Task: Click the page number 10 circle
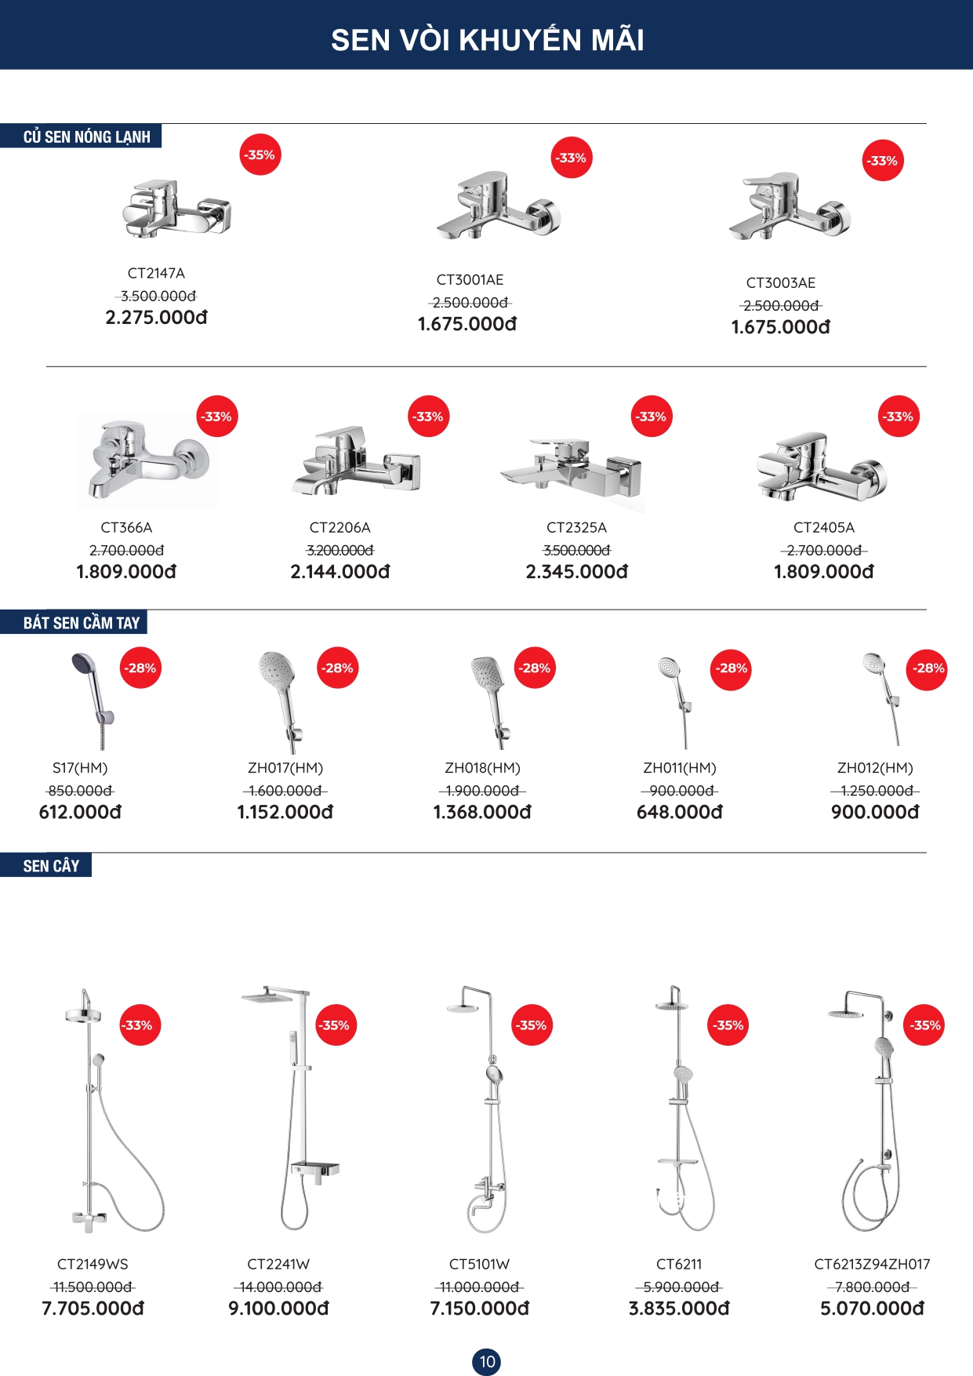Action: (x=487, y=1361)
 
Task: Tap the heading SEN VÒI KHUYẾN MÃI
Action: (x=487, y=40)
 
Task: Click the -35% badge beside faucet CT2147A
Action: (x=260, y=155)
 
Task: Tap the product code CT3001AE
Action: (x=470, y=280)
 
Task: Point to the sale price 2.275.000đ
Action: (x=156, y=318)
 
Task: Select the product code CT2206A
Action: (x=340, y=528)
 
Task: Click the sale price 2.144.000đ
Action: (x=340, y=572)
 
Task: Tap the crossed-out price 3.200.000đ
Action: (x=340, y=551)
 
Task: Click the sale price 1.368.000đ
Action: (x=482, y=812)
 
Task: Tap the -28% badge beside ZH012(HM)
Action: (x=928, y=668)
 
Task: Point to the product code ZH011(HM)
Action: (x=680, y=768)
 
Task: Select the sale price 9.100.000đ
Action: (x=278, y=1309)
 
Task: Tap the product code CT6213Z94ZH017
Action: (x=872, y=1265)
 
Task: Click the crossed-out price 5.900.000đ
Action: (x=680, y=1287)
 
